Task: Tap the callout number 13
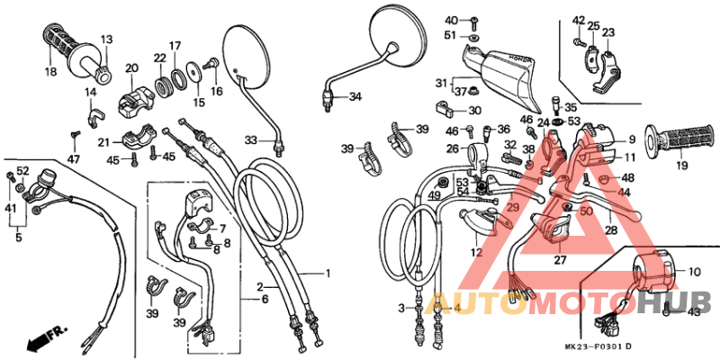coord(106,40)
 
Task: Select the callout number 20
coord(131,68)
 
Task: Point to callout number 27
coord(559,260)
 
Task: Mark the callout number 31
coord(441,83)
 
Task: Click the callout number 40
coord(451,20)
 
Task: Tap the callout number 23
coord(608,32)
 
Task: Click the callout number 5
coord(17,240)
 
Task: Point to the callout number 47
coord(73,159)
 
